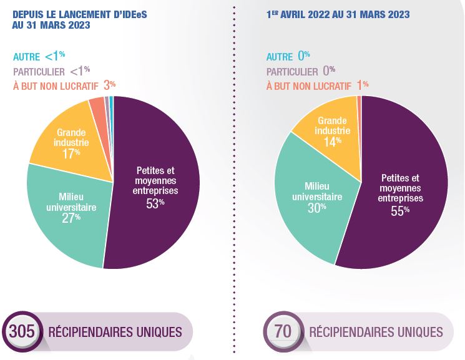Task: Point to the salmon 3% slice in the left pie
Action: [x=97, y=107]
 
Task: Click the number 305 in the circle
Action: [x=22, y=331]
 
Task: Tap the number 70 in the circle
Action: [x=283, y=331]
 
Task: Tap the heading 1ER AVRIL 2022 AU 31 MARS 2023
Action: [x=338, y=14]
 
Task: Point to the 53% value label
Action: [x=156, y=203]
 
